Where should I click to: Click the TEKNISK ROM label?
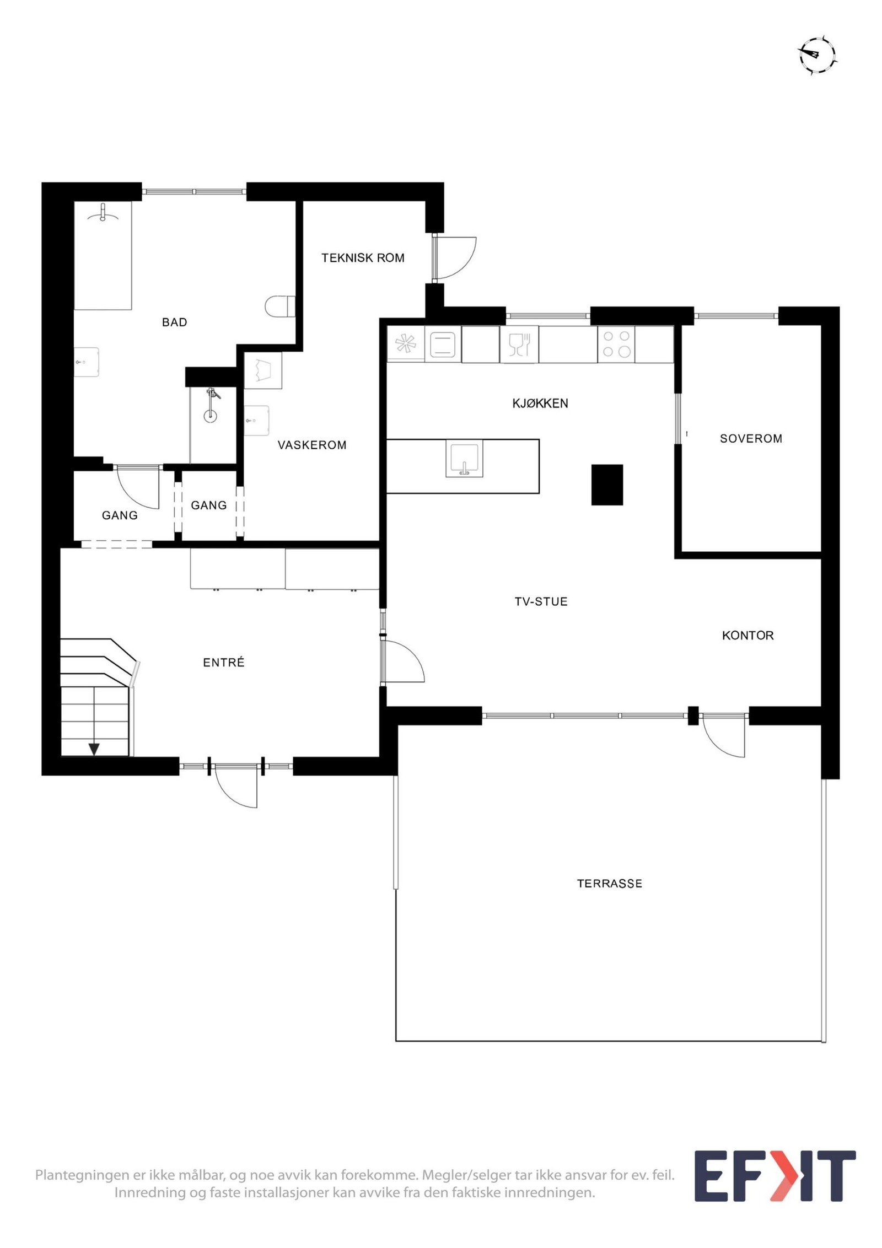pos(363,257)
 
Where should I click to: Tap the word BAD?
pos(174,322)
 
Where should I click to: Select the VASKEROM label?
pos(312,445)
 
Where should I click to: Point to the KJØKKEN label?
pos(540,404)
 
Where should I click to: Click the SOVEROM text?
pos(751,439)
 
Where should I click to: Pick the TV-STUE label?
pos(541,601)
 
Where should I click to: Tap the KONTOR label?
pos(747,636)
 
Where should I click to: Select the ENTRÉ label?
pos(223,663)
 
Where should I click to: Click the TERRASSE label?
pos(609,884)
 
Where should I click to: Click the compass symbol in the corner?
pos(817,55)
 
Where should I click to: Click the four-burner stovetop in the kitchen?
pos(616,344)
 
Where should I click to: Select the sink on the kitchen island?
pos(464,458)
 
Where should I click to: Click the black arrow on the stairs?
pos(94,749)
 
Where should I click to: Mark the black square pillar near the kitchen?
pos(607,485)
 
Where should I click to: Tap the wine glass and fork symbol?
pos(519,344)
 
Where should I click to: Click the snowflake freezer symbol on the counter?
pos(405,345)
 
